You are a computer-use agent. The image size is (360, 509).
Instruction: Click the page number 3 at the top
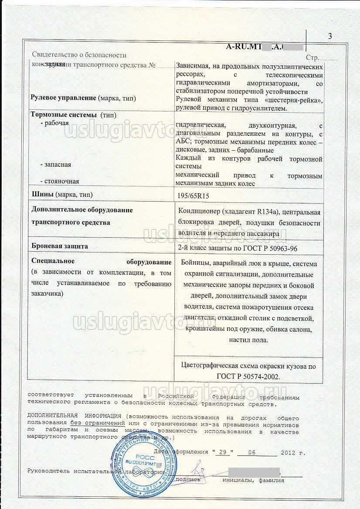click(330, 37)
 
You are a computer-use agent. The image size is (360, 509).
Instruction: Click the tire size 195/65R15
click(191, 196)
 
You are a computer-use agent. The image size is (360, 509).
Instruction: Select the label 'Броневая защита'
click(60, 246)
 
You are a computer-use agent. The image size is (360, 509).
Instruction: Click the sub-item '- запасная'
click(55, 165)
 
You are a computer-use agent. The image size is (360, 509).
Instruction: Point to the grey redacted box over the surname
click(253, 472)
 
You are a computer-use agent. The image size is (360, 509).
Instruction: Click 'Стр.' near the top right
click(312, 57)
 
